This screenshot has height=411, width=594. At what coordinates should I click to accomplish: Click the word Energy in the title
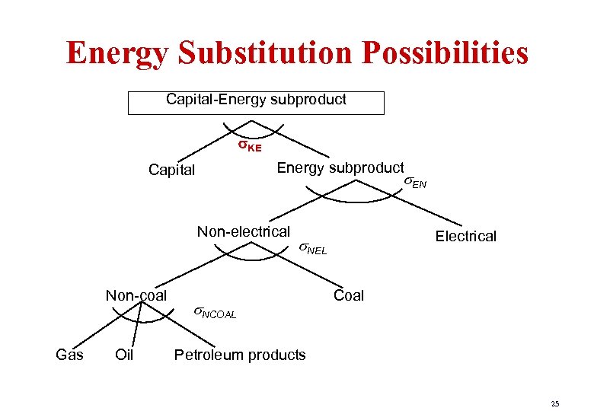[x=122, y=53]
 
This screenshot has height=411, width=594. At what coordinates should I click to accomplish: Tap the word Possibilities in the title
[x=457, y=53]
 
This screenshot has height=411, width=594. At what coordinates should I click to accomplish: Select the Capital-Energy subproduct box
[x=256, y=103]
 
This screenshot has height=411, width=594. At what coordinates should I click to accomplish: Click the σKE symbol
[x=248, y=145]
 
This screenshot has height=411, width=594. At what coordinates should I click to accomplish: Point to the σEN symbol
[x=415, y=182]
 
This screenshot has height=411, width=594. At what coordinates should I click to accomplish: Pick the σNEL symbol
[x=311, y=248]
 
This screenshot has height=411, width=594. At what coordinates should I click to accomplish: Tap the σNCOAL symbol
[x=214, y=312]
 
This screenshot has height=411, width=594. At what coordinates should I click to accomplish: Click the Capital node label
[x=171, y=170]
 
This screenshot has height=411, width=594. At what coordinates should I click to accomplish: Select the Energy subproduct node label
[x=340, y=167]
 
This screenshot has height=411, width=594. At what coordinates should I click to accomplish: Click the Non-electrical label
[x=243, y=231]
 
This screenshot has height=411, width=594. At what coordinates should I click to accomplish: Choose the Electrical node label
[x=465, y=236]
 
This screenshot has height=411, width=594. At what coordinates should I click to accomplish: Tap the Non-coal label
[x=136, y=295]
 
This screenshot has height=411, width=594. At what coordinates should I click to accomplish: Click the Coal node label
[x=349, y=295]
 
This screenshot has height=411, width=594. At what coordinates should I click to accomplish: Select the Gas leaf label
[x=69, y=355]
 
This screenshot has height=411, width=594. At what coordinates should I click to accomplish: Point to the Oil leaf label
[x=124, y=355]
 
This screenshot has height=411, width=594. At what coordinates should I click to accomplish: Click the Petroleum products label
[x=240, y=355]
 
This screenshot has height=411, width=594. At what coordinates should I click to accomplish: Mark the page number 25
[x=554, y=403]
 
